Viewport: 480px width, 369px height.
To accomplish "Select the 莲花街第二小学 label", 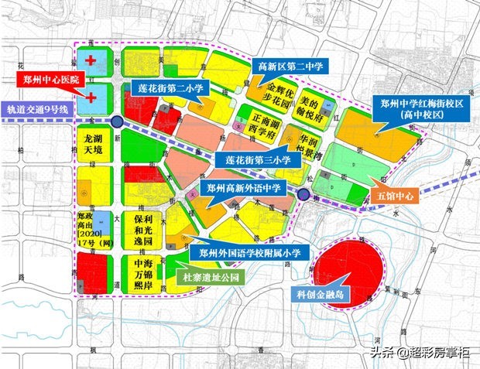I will point(170,88).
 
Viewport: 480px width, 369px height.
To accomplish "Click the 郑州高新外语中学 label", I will point(242,188).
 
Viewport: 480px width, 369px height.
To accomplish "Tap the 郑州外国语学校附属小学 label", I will point(249,252).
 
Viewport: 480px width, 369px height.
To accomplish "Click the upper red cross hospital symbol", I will point(91,60).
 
